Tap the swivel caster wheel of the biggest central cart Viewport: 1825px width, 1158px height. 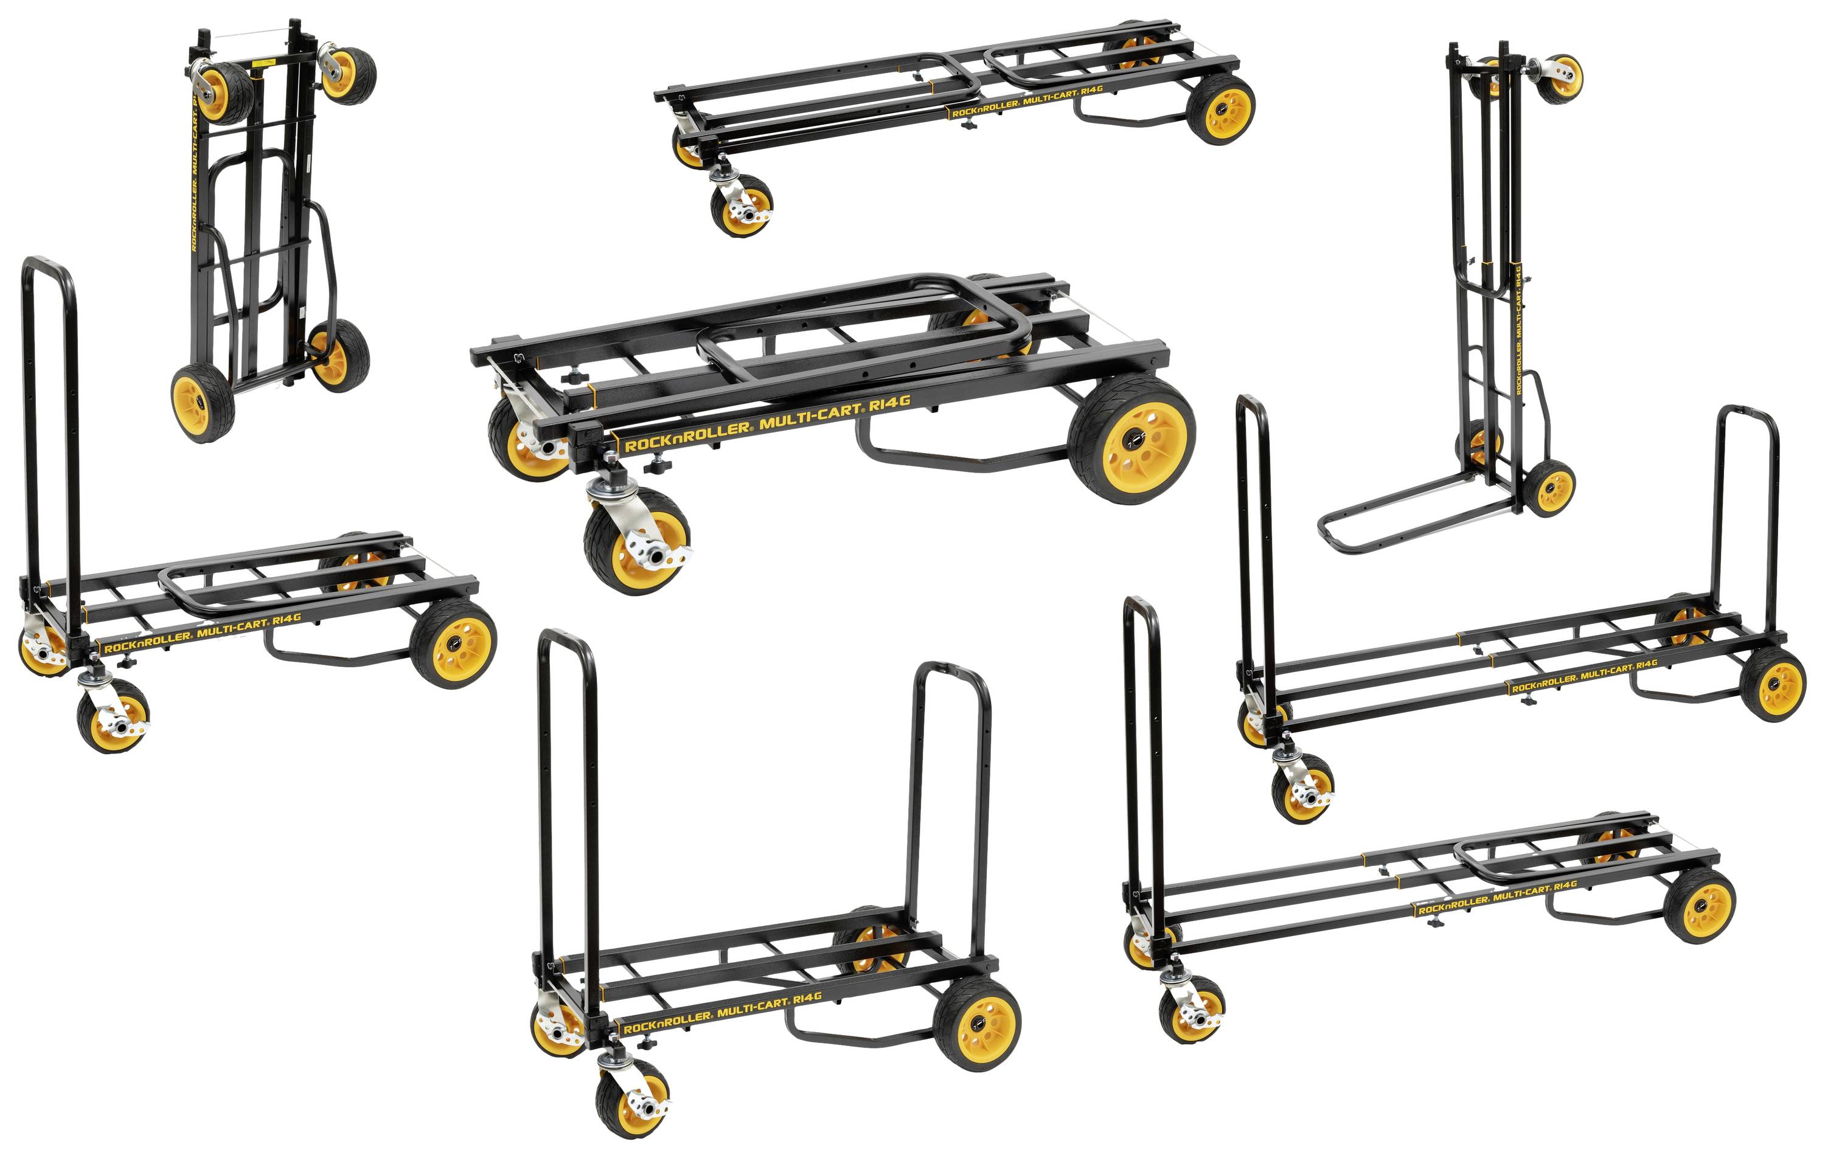(x=638, y=541)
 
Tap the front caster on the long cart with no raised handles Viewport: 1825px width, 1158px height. (x=741, y=206)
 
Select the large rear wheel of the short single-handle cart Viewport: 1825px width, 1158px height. (x=453, y=643)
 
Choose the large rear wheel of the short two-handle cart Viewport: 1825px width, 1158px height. (x=977, y=1022)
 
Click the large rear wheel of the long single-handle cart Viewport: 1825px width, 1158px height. (x=1701, y=906)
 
